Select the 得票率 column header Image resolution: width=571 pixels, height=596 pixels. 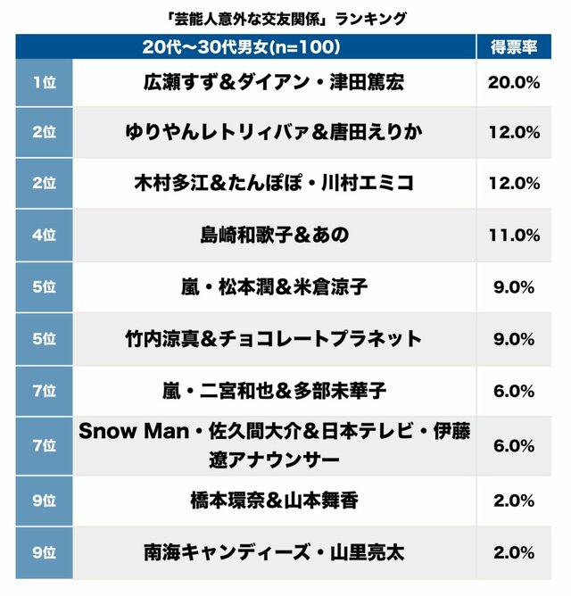[513, 46]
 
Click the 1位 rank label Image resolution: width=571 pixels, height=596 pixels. [44, 82]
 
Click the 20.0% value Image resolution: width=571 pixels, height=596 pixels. [514, 82]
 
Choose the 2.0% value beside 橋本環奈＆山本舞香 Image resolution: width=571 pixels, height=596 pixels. [514, 501]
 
